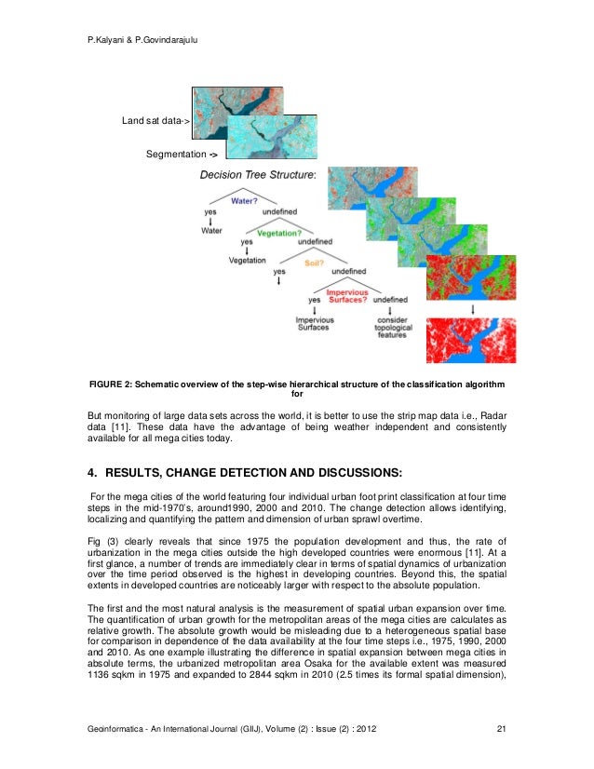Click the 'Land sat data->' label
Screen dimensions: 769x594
155,121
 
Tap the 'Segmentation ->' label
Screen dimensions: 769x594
182,154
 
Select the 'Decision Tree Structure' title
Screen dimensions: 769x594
258,174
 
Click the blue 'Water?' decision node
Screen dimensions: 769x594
244,199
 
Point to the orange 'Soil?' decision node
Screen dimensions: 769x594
315,264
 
